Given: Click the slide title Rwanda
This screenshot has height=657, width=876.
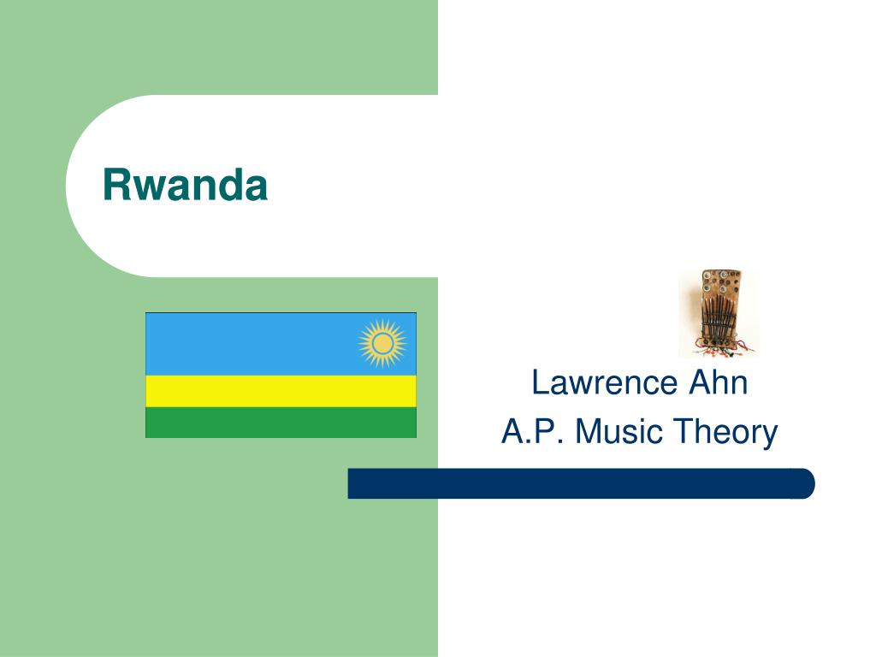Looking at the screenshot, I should (185, 186).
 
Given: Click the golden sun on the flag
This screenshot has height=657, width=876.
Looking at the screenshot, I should (382, 343).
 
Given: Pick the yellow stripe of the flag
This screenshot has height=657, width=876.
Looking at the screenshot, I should (281, 391).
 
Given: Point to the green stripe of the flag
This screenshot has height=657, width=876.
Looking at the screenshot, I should (281, 423).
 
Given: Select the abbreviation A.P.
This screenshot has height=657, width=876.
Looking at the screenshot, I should (534, 432).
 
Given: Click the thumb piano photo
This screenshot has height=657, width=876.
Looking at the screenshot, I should (719, 313).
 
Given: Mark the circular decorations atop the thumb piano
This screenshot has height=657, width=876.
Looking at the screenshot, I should (718, 282).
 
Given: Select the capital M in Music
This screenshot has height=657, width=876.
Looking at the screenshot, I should (589, 432).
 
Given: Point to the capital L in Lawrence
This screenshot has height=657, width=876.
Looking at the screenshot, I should (539, 382).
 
